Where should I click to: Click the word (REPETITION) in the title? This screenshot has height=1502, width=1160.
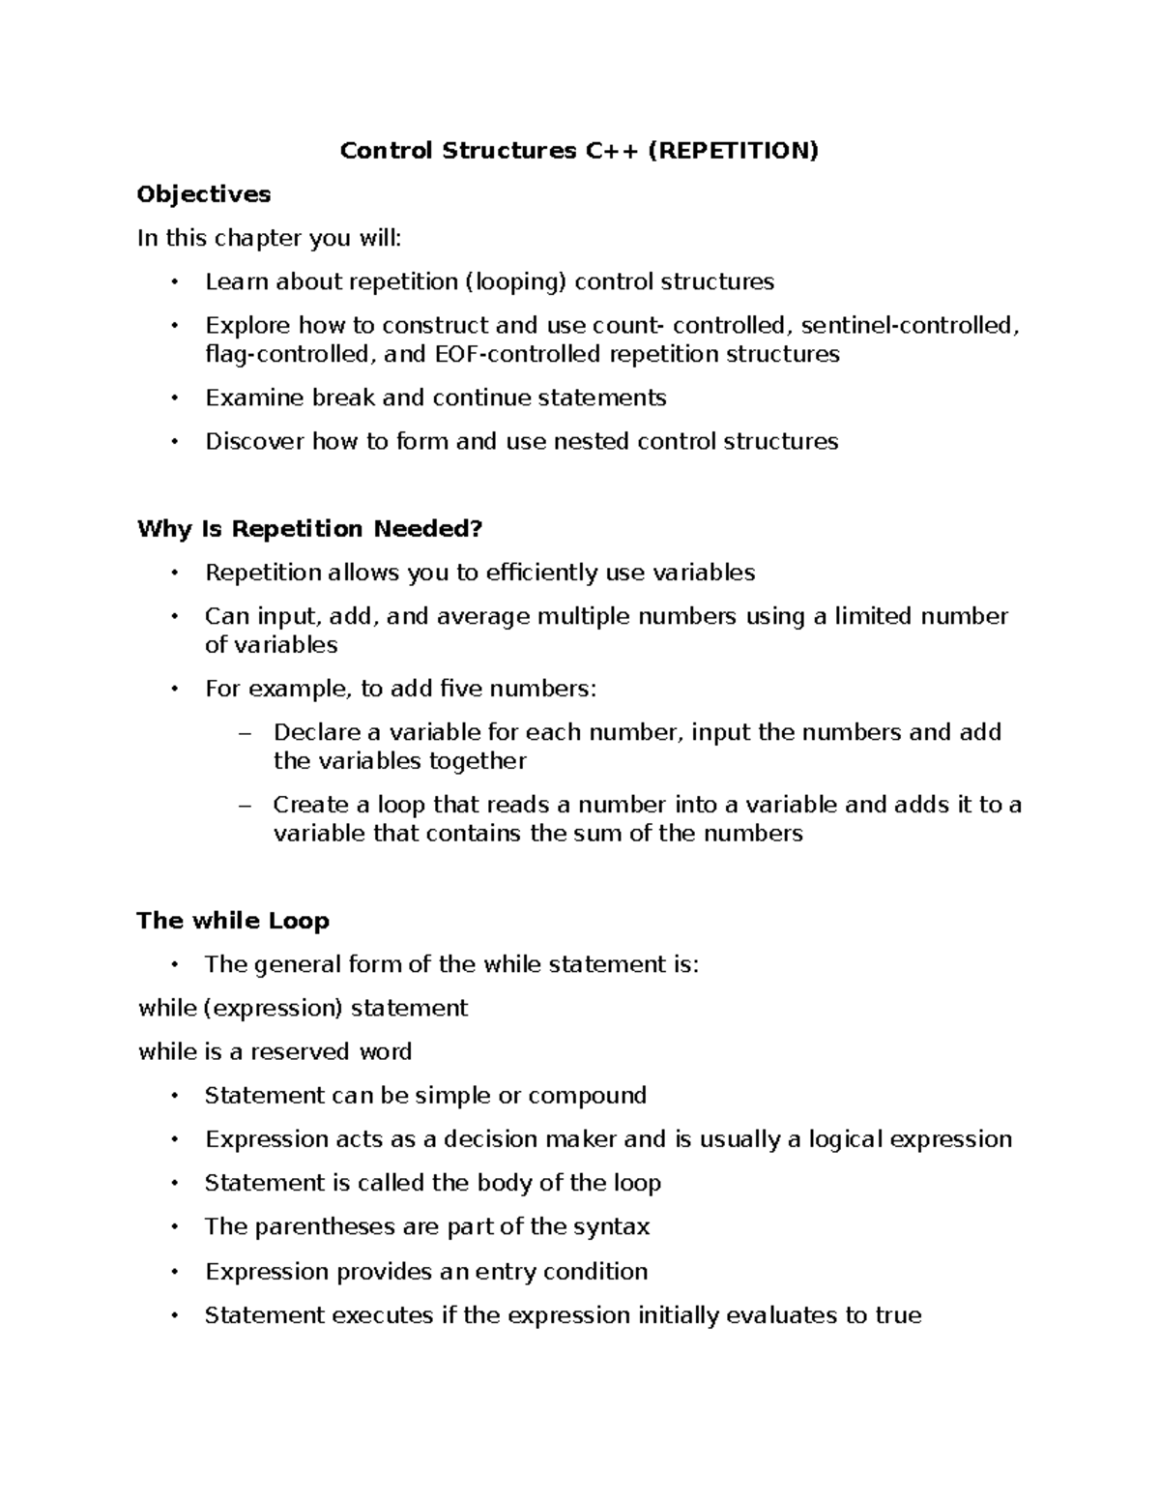point(733,151)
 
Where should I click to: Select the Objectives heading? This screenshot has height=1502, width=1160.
point(204,194)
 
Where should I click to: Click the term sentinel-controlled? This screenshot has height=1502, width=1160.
point(910,325)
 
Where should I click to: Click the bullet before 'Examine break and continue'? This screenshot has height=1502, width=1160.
point(174,398)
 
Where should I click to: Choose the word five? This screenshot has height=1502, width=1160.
point(460,689)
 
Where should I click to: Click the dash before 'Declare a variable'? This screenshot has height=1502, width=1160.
point(243,733)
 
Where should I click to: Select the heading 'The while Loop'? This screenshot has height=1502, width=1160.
point(233,921)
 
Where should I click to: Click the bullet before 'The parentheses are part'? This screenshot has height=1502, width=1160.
point(174,1226)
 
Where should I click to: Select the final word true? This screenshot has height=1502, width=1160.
point(898,1315)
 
